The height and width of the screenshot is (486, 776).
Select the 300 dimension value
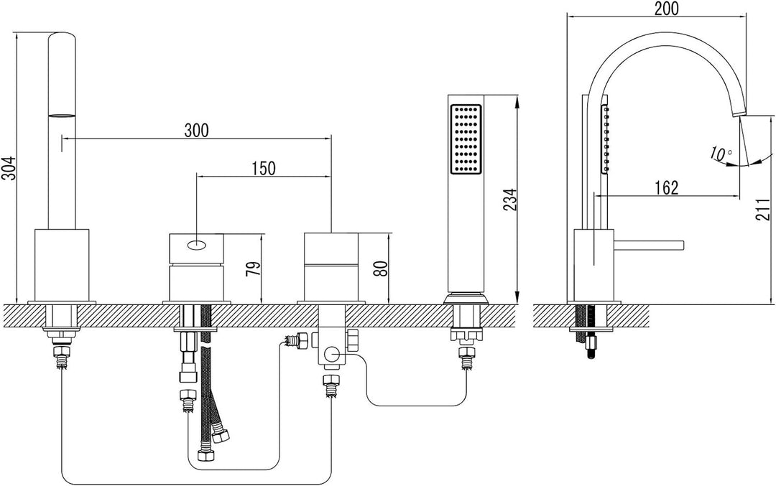196,131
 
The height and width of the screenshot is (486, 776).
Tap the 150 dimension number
263,168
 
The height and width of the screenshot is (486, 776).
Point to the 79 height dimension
253,268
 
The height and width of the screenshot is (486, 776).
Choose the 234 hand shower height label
509,200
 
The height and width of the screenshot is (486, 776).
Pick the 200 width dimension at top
666,9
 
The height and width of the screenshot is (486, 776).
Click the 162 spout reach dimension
667,188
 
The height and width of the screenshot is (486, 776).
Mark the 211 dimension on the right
763,209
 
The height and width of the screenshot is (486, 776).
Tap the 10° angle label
720,153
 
